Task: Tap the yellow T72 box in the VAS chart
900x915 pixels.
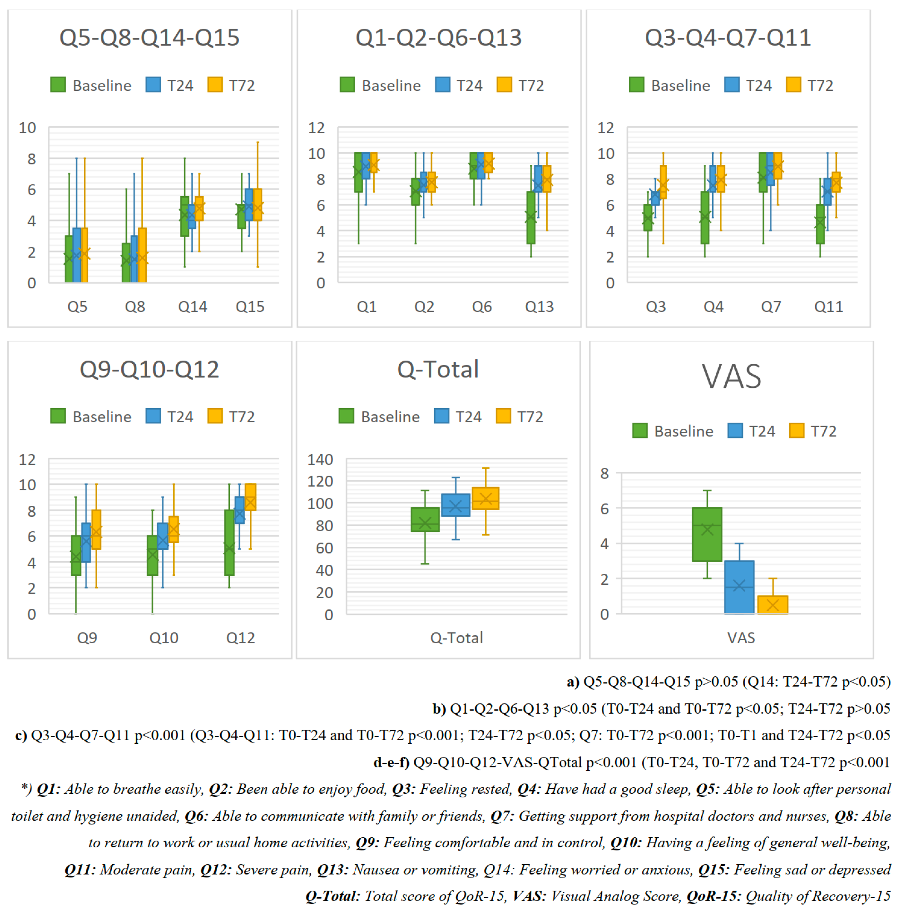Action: tap(772, 604)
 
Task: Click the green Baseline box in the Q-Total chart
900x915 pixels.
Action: tap(425, 519)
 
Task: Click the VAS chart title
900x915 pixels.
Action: tap(731, 377)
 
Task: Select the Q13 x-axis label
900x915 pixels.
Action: tap(539, 307)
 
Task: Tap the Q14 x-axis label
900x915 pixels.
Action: tap(192, 307)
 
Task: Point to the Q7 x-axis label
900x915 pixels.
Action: tap(771, 307)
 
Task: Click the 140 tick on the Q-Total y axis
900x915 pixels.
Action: tap(320, 459)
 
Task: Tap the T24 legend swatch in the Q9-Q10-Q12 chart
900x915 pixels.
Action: tap(153, 416)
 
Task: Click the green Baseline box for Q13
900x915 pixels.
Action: tap(531, 217)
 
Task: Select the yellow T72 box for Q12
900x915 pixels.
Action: tap(251, 497)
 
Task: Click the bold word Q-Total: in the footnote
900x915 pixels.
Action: tap(333, 896)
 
